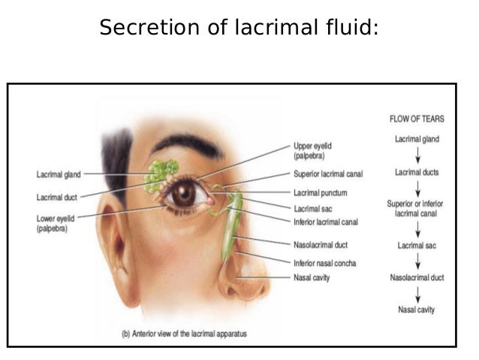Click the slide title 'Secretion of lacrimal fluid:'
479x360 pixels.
[239, 28]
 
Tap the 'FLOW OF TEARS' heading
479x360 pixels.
[416, 119]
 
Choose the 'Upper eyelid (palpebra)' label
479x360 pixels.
[312, 151]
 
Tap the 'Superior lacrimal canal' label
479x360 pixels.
[327, 174]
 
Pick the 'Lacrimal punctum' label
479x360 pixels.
[320, 192]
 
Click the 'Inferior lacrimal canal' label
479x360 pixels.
[325, 222]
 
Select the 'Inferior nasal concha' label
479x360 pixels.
[324, 262]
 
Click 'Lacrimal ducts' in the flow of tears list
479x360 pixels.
[417, 173]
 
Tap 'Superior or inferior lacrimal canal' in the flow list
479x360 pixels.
[417, 208]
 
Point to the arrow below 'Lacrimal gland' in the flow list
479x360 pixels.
[417, 156]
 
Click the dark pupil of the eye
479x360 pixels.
[182, 195]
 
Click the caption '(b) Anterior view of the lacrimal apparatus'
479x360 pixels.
[184, 334]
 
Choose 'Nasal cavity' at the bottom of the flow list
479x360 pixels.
[417, 310]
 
